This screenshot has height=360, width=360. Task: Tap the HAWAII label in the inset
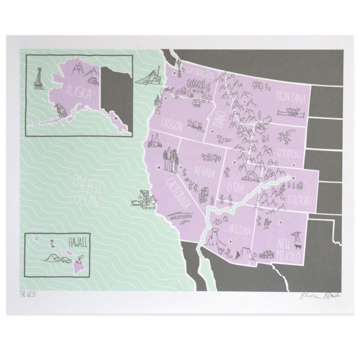[76, 241]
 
